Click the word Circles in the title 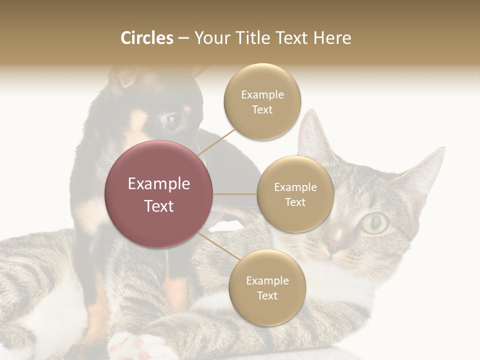tap(146, 38)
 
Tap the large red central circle tap(159, 194)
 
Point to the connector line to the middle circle tap(235, 194)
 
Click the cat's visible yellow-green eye tap(375, 223)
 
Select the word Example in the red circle tap(159, 184)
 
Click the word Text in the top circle tap(262, 110)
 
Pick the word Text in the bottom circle tap(267, 296)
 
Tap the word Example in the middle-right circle tap(295, 187)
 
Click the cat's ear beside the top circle tap(312, 132)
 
